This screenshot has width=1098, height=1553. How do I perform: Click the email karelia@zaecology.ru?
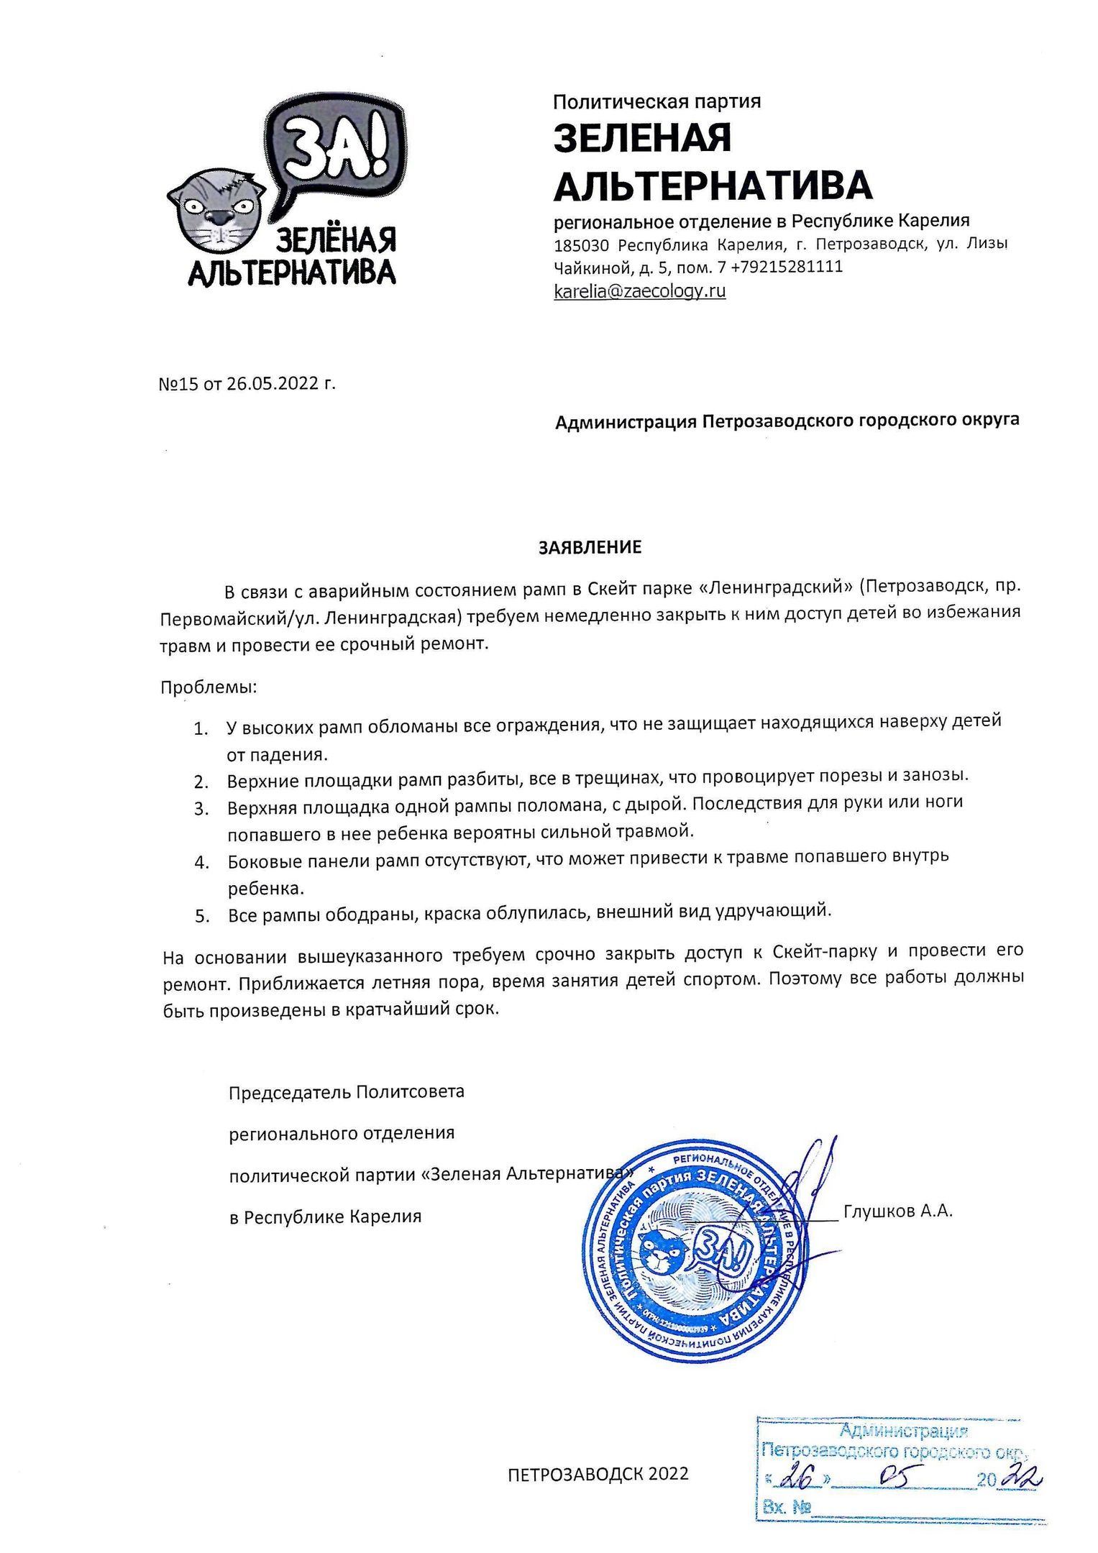pos(639,291)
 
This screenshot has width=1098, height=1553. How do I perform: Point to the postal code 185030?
pos(582,244)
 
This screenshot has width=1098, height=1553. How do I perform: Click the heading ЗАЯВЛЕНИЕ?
pos(590,547)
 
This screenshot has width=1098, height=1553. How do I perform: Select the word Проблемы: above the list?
pos(208,687)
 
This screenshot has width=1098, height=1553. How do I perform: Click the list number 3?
pos(201,809)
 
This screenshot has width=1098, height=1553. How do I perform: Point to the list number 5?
pos(201,916)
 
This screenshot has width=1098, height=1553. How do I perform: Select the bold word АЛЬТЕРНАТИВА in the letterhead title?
pos(713,185)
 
